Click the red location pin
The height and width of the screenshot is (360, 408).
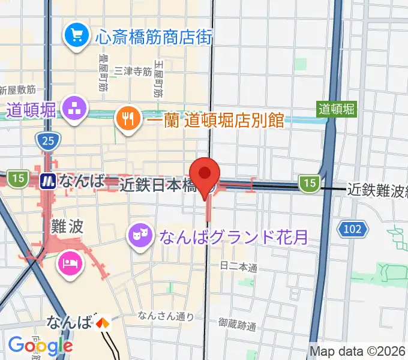click(205, 173)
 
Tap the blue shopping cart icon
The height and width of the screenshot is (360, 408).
click(77, 35)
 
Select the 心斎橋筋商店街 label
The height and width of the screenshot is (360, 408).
click(154, 37)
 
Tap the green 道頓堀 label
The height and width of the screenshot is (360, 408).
click(337, 109)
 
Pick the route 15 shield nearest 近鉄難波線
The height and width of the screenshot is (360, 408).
click(309, 183)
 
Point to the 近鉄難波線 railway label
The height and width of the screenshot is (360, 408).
click(377, 190)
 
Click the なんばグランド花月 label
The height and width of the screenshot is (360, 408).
click(233, 236)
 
